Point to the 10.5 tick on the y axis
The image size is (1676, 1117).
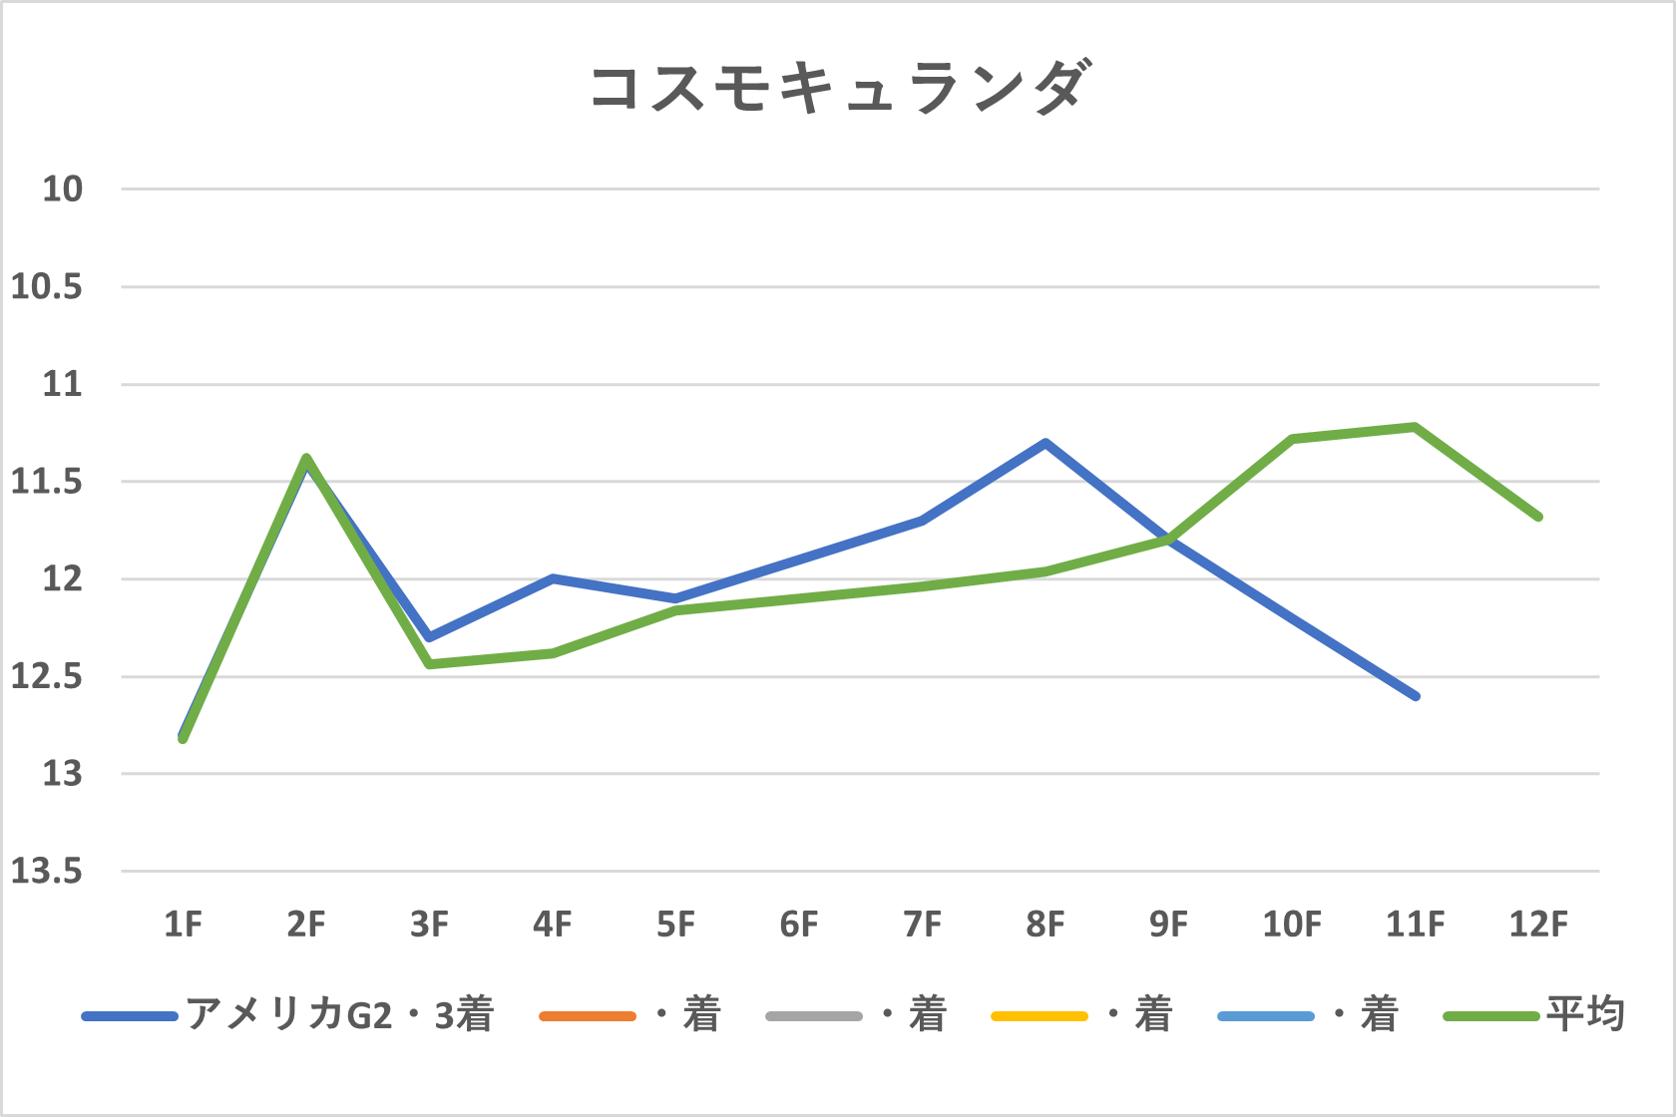pos(47,287)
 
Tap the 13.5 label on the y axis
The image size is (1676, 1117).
pos(47,872)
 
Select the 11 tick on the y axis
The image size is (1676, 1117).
pos(62,384)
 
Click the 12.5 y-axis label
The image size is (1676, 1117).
pos(47,676)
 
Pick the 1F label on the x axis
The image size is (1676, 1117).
pos(184,925)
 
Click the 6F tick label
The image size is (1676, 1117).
pos(799,925)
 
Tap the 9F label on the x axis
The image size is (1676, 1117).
pos(1169,925)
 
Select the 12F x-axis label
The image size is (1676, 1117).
pos(1538,925)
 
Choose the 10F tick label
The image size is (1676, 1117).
pos(1292,925)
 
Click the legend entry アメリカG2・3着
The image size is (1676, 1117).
pos(339,1015)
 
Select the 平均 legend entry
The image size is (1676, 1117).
pos(1586,1015)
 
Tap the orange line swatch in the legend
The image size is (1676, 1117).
pos(588,1016)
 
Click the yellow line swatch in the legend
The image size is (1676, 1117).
pos(1040,1016)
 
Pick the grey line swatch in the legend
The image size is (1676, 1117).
pos(814,1016)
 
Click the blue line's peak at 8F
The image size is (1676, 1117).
pos(1046,442)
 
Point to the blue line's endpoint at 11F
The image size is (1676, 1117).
pos(1416,696)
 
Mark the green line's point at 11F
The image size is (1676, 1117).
pos(1415,427)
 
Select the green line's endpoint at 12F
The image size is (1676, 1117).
pos(1538,517)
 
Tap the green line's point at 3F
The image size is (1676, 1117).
pos(430,663)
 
